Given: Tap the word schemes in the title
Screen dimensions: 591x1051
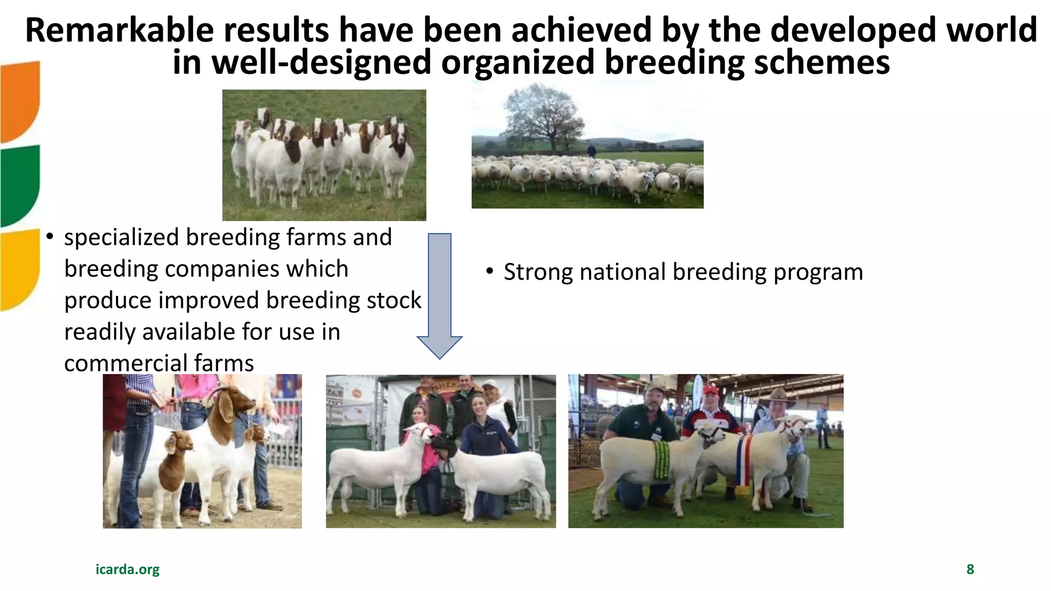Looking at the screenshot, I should click(822, 63).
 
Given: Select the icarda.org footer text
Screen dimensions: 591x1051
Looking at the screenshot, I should click(127, 569).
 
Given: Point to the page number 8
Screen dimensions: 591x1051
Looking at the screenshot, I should click(970, 569).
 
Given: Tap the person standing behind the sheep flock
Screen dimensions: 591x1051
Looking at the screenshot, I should click(592, 150).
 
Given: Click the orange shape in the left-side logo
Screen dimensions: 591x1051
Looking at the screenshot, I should click(20, 100).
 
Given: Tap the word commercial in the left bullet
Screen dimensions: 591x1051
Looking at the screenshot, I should click(119, 363).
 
